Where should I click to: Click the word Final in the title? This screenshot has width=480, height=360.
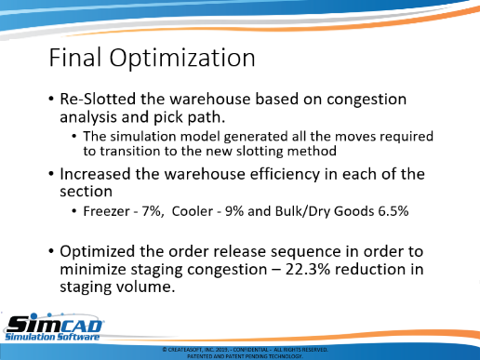pos(75,58)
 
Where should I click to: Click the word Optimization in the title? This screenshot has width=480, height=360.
pos(182,59)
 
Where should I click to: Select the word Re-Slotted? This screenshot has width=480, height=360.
pos(98,100)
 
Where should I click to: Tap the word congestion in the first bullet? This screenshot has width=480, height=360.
pos(367,100)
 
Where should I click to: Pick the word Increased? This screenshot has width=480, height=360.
pos(95,174)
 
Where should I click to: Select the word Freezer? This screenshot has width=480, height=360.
pos(106,211)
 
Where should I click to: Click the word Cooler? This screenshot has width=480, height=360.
pos(193,211)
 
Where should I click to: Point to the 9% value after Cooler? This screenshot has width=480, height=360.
pos(234,211)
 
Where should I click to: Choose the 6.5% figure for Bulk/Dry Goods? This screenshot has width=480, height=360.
pos(393,211)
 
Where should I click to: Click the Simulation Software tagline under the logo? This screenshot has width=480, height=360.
pos(52,337)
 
